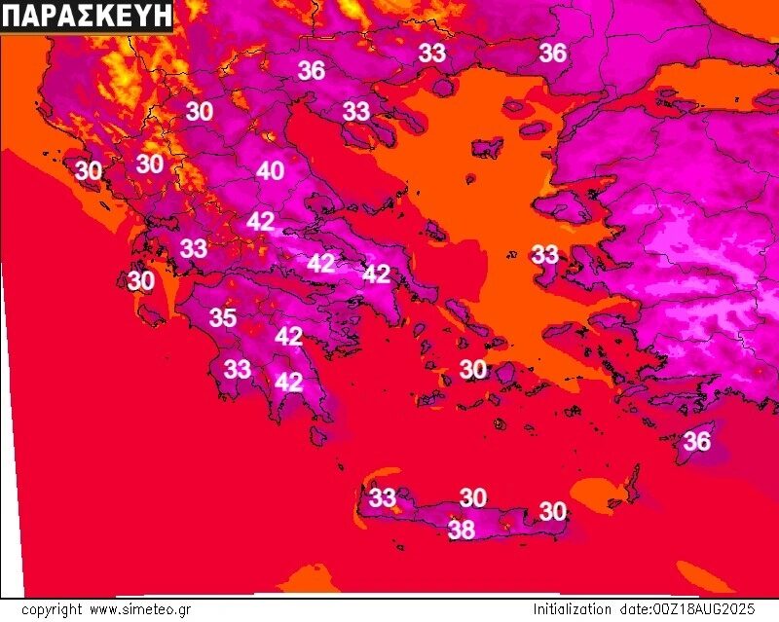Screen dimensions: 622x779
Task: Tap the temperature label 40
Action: (271, 171)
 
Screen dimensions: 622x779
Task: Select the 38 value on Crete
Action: (462, 530)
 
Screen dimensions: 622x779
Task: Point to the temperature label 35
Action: (223, 317)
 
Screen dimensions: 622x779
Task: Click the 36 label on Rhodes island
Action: (696, 441)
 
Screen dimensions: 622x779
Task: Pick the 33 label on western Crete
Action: (383, 498)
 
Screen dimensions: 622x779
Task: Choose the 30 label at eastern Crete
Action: (553, 510)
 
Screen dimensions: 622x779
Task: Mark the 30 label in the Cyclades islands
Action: (473, 369)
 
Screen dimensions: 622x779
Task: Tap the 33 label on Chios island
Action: (545, 255)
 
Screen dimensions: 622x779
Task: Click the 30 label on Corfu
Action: (88, 170)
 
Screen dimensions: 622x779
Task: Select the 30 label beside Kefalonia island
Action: (141, 281)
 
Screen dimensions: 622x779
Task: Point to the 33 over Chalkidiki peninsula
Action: (356, 111)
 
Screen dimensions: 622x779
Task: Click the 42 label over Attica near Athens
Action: (377, 274)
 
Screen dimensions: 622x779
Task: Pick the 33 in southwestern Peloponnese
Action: (238, 369)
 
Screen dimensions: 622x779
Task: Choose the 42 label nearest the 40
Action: (260, 221)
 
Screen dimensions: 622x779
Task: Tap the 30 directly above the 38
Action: (473, 497)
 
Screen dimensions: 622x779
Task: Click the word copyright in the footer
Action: (52, 610)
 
